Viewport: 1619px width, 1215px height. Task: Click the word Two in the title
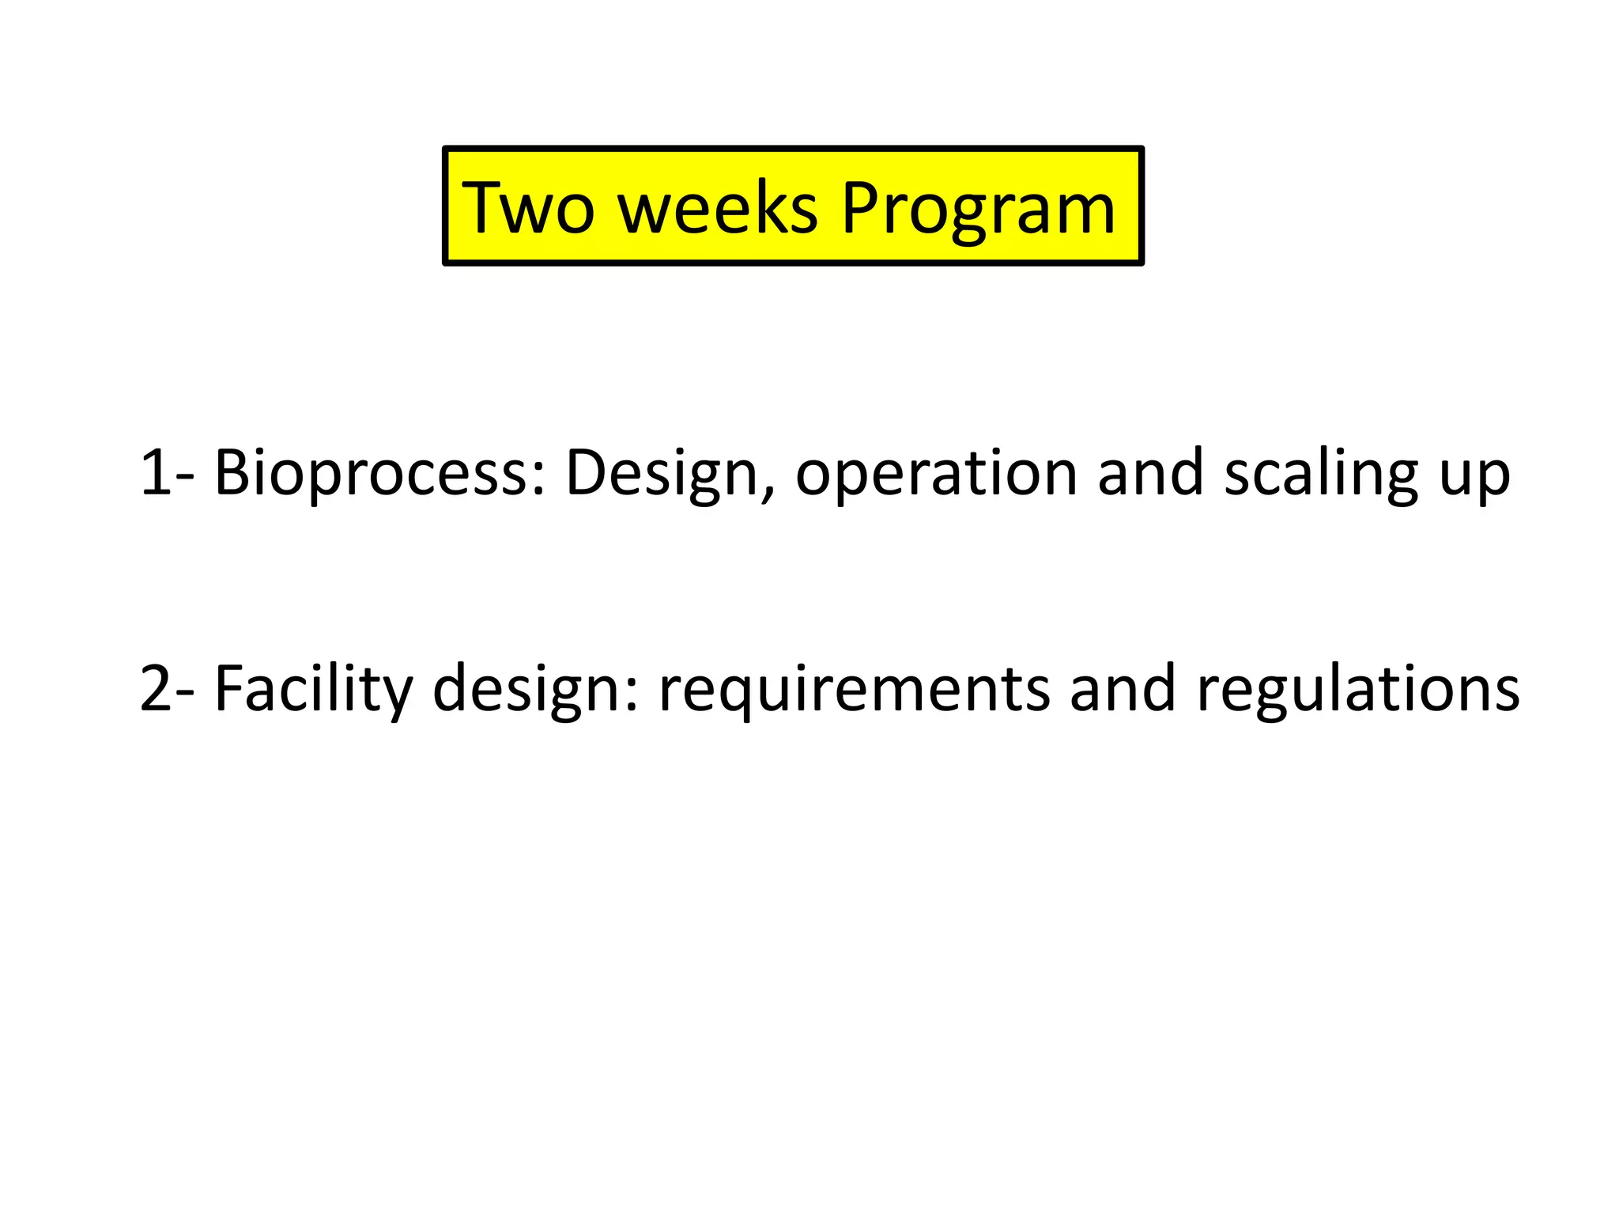527,207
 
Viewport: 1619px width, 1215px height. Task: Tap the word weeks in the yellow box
717,207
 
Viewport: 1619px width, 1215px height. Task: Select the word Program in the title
978,209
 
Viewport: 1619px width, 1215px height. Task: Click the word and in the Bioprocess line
1150,473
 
